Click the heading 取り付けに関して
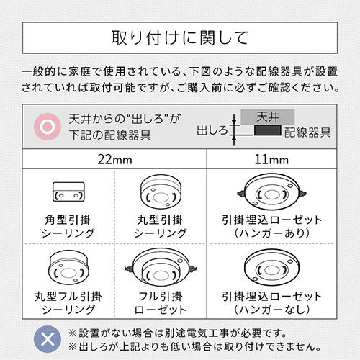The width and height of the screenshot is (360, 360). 180,38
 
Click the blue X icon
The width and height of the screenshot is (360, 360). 48,339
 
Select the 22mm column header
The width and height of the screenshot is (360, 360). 114,160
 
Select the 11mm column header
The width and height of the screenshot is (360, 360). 271,160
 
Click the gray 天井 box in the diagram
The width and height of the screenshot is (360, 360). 268,117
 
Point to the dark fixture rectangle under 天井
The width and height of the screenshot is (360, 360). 268,130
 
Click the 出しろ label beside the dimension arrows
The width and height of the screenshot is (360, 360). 212,130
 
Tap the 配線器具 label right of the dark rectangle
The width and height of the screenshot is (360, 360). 307,132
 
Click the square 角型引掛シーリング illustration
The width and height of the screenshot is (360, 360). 68,192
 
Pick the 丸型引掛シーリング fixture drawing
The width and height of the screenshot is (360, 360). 161,192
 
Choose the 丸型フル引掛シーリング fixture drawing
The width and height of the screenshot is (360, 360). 68,267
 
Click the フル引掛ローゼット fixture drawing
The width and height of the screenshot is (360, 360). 161,268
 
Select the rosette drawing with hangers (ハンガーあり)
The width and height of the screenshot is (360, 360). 271,192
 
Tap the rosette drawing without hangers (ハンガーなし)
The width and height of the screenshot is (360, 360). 271,268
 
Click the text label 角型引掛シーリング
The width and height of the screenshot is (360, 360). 68,227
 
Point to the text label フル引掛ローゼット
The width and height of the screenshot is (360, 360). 161,303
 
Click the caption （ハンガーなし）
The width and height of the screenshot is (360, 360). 271,310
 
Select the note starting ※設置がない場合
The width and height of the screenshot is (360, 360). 178,333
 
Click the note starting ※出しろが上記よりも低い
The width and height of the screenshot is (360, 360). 195,346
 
